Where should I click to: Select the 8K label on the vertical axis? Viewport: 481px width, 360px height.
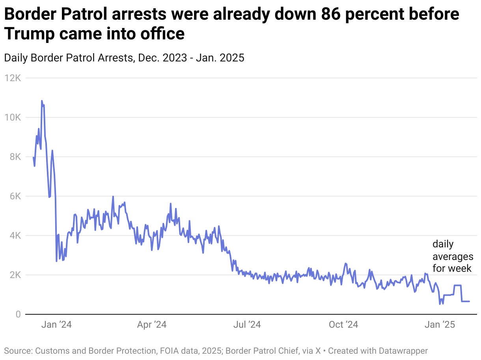(15, 157)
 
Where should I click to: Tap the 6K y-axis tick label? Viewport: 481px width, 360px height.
(15, 196)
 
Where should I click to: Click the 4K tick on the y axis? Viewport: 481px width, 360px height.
(15, 236)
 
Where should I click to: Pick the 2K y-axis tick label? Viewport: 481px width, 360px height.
(15, 275)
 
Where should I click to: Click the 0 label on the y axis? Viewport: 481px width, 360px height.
(18, 314)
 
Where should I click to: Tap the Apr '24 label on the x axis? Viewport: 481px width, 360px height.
(151, 325)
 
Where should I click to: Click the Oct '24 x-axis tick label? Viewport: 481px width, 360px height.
(343, 325)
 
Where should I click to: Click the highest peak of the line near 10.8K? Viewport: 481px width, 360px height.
(42, 101)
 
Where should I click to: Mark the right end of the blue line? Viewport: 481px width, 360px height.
(469, 301)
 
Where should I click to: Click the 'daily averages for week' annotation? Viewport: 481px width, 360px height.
(453, 256)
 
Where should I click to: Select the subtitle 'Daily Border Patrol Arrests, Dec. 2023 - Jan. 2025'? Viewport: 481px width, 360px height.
(124, 58)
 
